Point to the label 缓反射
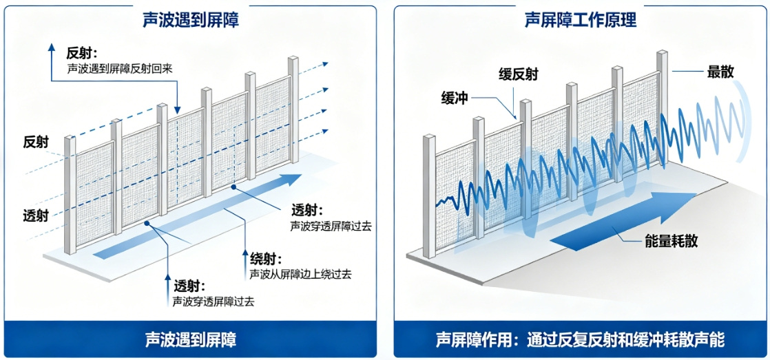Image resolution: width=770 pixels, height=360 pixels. (x=518, y=74)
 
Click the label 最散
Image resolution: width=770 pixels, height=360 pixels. (x=720, y=71)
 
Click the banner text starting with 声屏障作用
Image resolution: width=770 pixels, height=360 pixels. (x=580, y=340)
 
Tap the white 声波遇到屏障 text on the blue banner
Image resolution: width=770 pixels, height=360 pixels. (x=191, y=340)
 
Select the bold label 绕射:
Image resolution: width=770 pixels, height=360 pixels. (x=266, y=259)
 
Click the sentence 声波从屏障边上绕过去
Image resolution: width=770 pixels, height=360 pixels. (x=300, y=274)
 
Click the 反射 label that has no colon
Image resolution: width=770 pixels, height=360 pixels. (x=36, y=142)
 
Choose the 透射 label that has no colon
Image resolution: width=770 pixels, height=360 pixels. (x=36, y=215)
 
